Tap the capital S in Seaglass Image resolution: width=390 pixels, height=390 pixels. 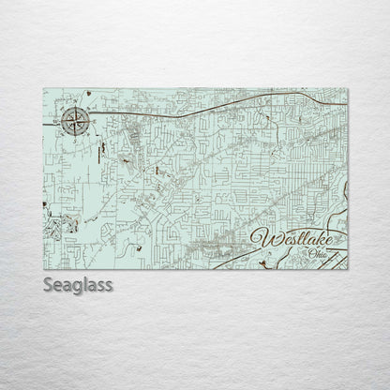[48, 283]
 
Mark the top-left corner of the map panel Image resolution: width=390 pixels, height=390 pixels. [44, 87]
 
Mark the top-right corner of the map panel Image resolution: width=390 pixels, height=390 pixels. [348, 87]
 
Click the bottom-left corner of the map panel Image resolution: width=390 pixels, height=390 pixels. [44, 270]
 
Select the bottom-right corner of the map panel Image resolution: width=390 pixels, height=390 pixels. [348, 270]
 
